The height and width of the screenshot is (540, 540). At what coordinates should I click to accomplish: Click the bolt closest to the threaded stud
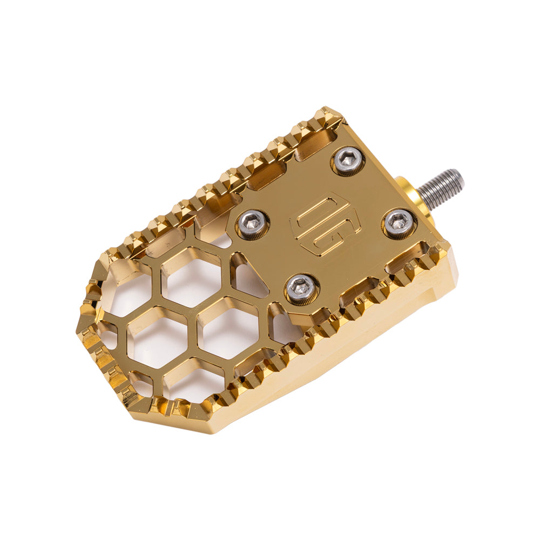(400, 223)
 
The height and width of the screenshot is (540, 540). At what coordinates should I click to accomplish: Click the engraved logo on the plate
(322, 224)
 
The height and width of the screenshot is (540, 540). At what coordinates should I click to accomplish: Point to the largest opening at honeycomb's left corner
(127, 292)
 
